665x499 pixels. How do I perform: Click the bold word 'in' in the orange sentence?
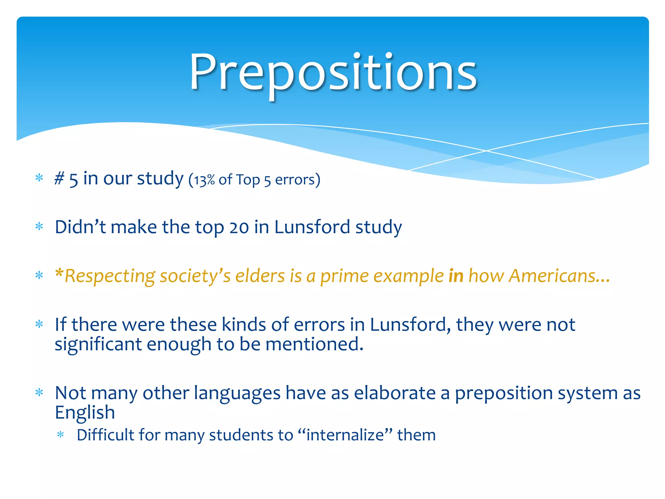(x=456, y=276)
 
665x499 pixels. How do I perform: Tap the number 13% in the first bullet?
(x=204, y=180)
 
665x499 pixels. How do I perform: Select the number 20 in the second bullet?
(x=239, y=227)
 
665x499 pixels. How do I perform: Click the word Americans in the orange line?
(x=552, y=276)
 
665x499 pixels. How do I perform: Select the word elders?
(x=260, y=276)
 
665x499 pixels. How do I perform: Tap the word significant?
(x=98, y=344)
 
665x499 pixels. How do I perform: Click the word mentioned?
(x=314, y=344)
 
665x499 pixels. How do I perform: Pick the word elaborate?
(x=395, y=393)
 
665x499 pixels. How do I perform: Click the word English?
(x=85, y=413)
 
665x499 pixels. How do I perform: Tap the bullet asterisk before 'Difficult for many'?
(x=60, y=435)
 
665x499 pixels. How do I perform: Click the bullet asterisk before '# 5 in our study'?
(x=39, y=178)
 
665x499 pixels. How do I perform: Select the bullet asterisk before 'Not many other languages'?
(x=39, y=393)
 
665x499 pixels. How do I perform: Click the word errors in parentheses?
(x=295, y=180)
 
